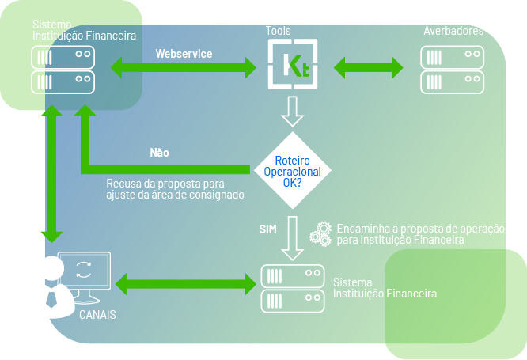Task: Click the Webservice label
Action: pyautogui.click(x=184, y=54)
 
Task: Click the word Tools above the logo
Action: pyautogui.click(x=279, y=32)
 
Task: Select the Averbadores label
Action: pyautogui.click(x=453, y=32)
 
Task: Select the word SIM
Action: pyautogui.click(x=268, y=229)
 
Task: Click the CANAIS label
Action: pyautogui.click(x=97, y=314)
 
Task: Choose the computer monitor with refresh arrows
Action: pyautogui.click(x=84, y=275)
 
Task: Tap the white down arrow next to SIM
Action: pyautogui.click(x=293, y=235)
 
